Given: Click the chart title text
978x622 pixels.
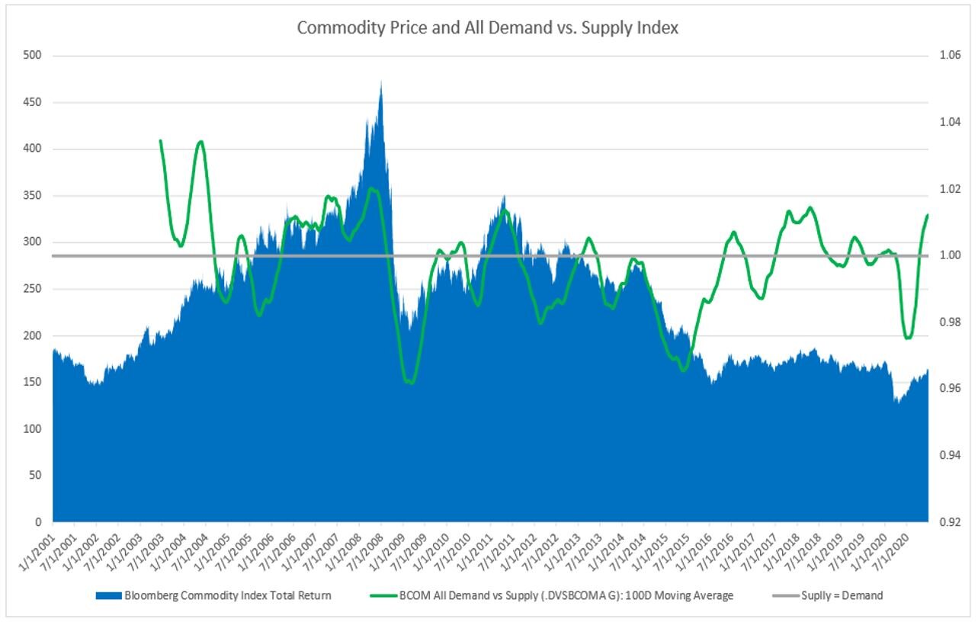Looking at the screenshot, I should pos(488,28).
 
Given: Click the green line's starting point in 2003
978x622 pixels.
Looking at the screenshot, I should pos(160,140).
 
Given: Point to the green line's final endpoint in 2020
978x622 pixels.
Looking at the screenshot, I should pos(928,215).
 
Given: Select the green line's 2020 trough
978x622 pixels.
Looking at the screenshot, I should pos(907,338).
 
